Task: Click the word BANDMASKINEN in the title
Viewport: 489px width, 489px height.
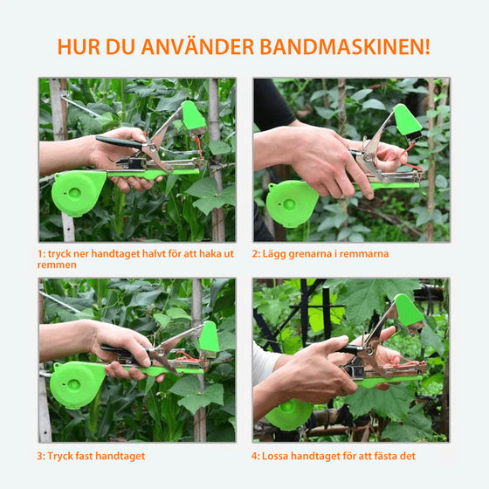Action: pos(355,47)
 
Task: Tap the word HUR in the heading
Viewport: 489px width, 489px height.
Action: pos(78,47)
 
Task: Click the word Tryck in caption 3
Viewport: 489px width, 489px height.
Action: pos(64,455)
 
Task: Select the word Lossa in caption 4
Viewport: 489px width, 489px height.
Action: pos(279,455)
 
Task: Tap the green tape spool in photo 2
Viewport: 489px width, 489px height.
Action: pos(292,203)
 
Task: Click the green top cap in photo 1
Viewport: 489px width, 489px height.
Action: pos(194,116)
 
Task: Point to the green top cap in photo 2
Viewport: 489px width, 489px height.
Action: pos(407,120)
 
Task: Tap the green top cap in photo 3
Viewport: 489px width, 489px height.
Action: pos(209,337)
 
